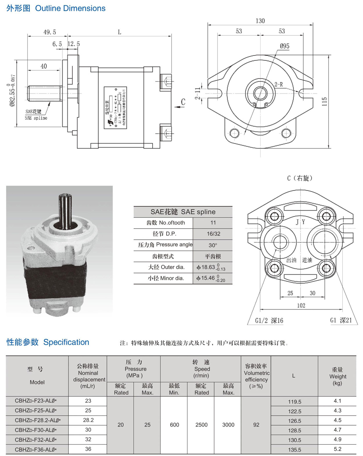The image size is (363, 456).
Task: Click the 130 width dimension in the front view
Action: click(260, 21)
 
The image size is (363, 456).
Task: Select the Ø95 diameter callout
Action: click(284, 46)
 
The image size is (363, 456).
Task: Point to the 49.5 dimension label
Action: click(50, 32)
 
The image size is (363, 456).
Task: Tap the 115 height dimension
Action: click(324, 101)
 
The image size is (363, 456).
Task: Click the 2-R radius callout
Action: click(278, 85)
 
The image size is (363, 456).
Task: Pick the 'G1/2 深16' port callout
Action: click(269, 321)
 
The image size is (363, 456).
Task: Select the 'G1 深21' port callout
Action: click(341, 320)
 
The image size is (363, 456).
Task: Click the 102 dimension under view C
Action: click(301, 305)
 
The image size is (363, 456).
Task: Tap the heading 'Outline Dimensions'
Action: click(70, 8)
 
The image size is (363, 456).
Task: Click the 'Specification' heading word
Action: click(66, 342)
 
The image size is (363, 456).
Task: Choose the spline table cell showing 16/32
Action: click(213, 234)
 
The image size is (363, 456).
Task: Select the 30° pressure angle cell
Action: click(213, 245)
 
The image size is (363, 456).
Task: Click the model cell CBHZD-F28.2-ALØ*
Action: click(37, 420)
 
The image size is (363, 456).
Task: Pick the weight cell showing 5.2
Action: click(337, 449)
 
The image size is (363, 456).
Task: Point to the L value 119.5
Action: click(294, 402)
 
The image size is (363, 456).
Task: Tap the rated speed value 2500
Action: click(201, 425)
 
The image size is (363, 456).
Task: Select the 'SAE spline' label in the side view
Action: click(36, 118)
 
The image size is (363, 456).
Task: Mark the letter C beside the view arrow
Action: click(183, 102)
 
